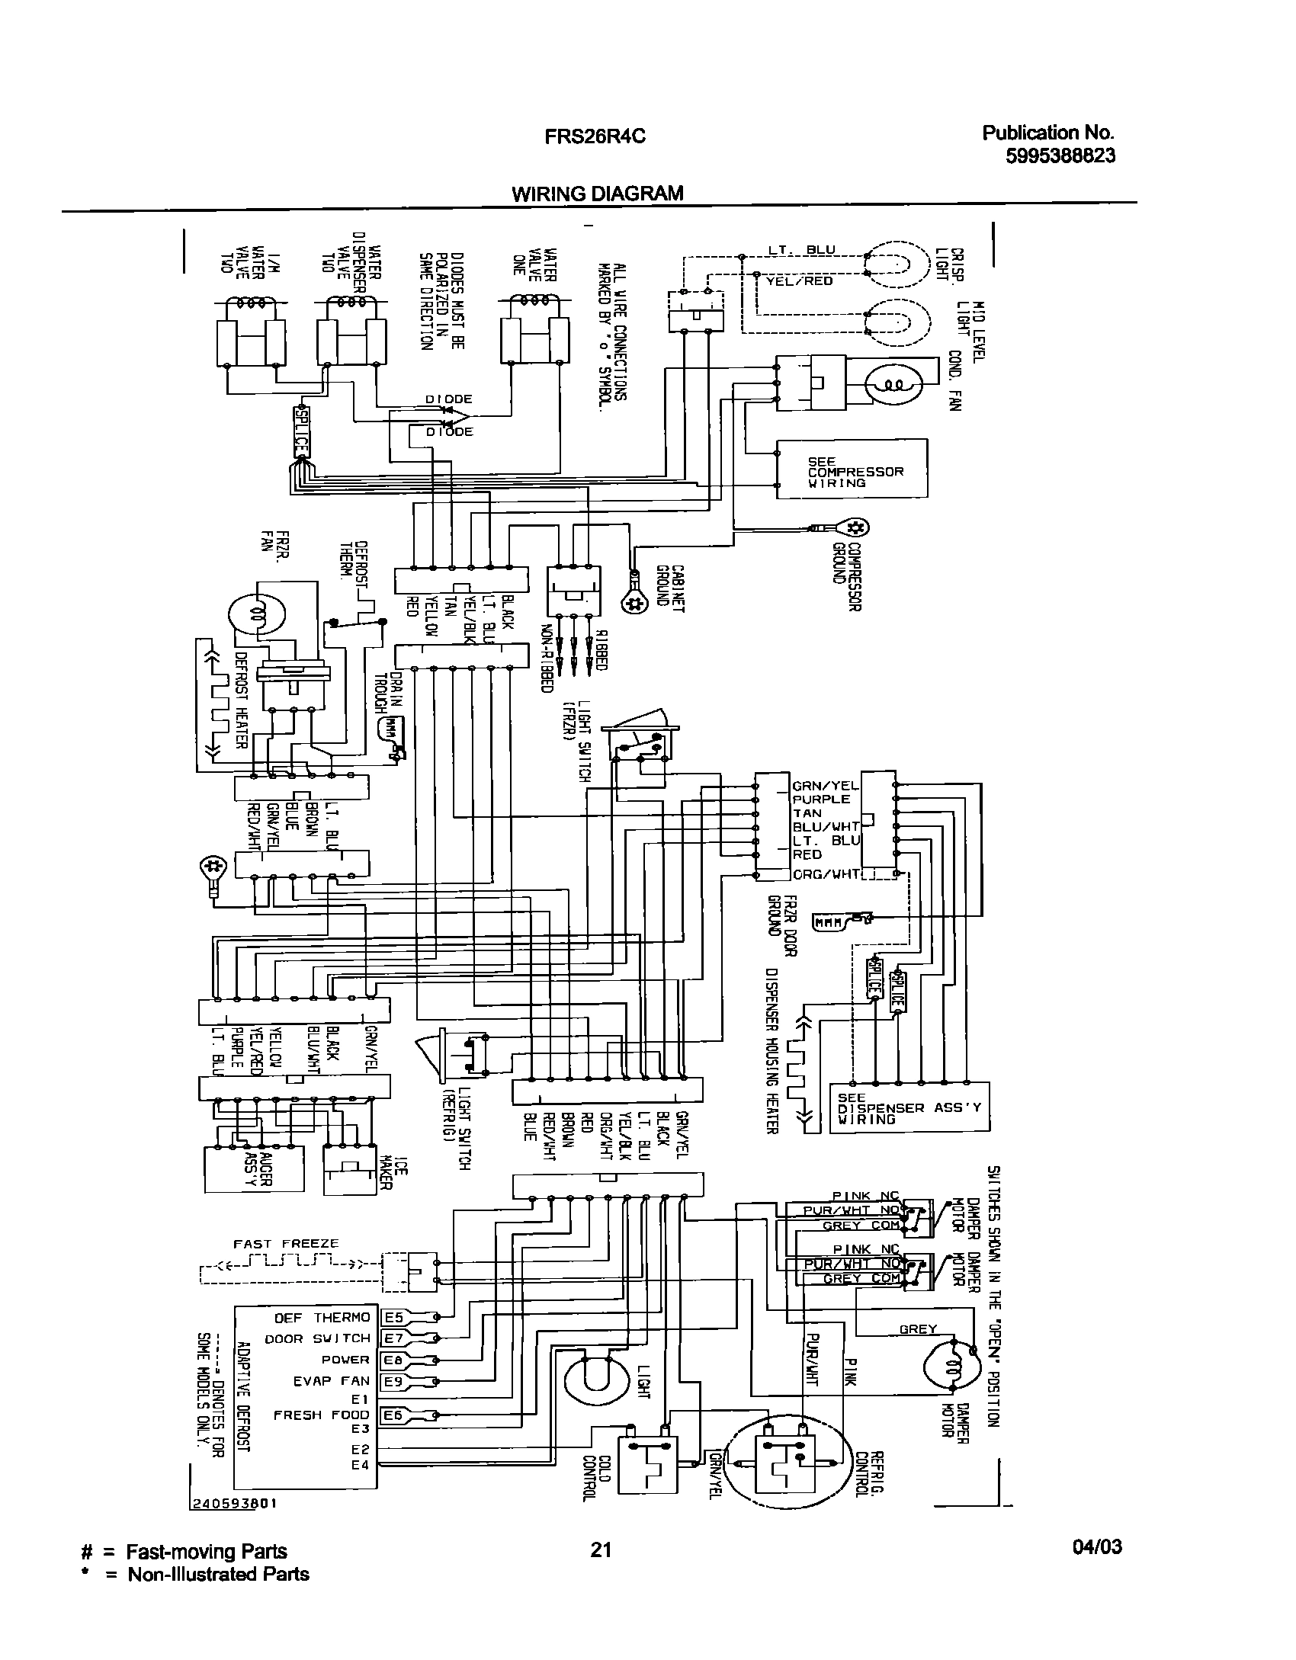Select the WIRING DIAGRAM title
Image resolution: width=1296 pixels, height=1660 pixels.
[597, 194]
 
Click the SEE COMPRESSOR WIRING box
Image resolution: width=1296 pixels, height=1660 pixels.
[852, 469]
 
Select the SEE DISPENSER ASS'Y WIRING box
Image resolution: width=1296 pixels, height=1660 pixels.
[909, 1108]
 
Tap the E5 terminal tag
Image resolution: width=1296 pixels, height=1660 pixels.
[393, 1316]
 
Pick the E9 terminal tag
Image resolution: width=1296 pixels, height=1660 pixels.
[393, 1380]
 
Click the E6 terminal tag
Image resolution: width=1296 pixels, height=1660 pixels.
[393, 1415]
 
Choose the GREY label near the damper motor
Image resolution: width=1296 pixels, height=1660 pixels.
[918, 1328]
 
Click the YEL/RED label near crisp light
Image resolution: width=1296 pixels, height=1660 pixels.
[788, 280]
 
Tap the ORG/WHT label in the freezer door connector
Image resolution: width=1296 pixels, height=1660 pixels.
[826, 873]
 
